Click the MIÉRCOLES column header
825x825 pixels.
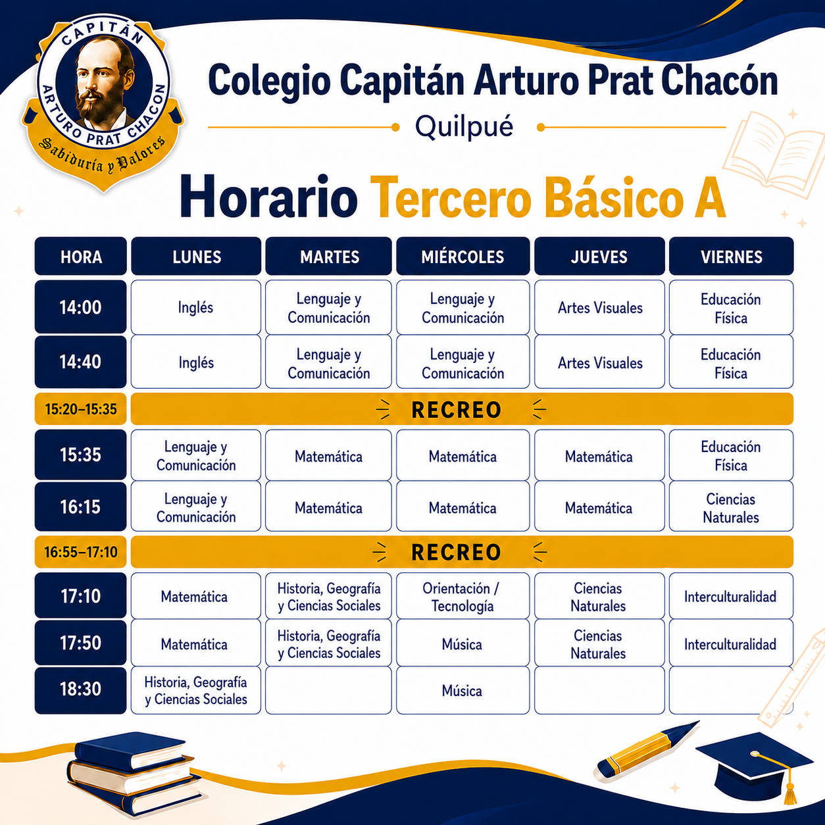[x=463, y=256]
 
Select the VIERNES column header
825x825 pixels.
[x=731, y=256]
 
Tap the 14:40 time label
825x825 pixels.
[x=80, y=362]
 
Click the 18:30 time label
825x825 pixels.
[x=80, y=689]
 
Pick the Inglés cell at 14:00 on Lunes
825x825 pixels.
[x=195, y=307]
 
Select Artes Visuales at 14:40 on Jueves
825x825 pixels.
[x=599, y=362]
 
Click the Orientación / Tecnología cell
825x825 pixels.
[x=463, y=596]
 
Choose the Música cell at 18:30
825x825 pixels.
[x=463, y=689]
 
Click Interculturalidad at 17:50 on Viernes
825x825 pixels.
[x=731, y=643]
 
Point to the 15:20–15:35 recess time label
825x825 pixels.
[x=80, y=409]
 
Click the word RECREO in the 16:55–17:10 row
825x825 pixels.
[x=457, y=552]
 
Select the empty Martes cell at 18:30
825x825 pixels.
[x=328, y=689]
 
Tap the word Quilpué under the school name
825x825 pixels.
[x=464, y=127]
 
